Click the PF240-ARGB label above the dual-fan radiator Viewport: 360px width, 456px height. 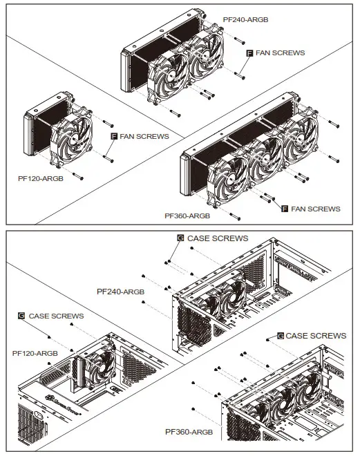click(245, 20)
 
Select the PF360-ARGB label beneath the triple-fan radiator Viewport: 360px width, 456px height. click(187, 216)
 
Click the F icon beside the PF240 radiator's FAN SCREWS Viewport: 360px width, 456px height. click(250, 53)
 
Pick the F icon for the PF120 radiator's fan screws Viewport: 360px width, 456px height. click(115, 137)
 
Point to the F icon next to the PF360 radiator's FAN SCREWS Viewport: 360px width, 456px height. click(285, 208)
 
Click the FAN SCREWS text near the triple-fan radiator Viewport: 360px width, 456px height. click(316, 208)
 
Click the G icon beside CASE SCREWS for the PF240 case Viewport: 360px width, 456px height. click(180, 238)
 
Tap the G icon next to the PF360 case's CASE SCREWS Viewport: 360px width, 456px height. click(280, 335)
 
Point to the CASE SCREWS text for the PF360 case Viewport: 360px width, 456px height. click(316, 335)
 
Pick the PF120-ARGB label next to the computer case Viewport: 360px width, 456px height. click(35, 352)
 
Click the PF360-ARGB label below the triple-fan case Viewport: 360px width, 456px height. click(187, 432)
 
